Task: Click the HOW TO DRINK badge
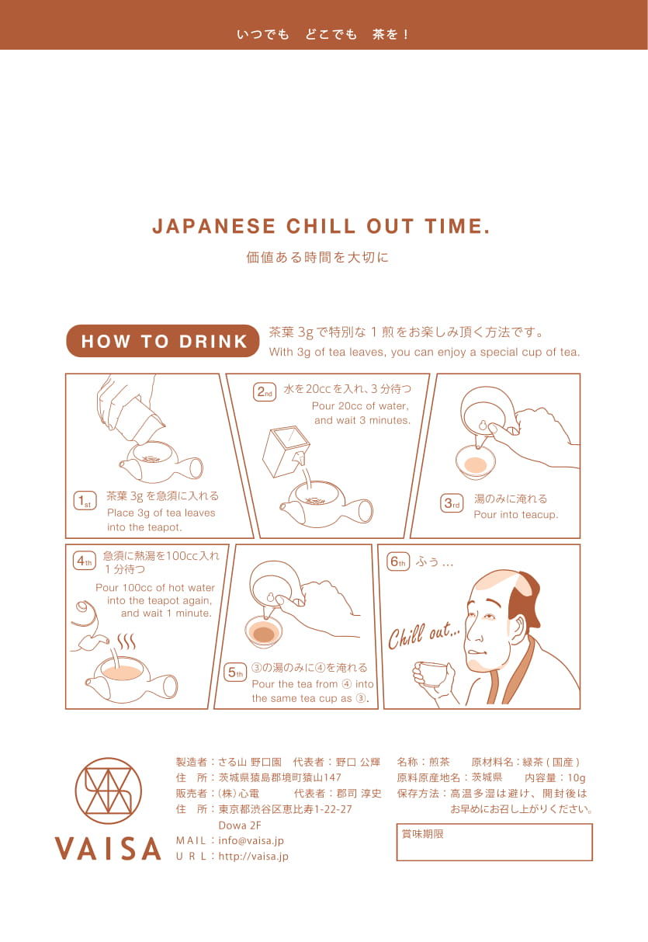[162, 341]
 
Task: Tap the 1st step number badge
[85, 501]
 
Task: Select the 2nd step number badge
[265, 392]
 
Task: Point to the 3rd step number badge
[452, 503]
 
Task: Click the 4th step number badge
[84, 561]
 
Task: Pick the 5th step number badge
[235, 673]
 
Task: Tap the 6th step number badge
[397, 561]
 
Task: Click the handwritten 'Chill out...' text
[424, 635]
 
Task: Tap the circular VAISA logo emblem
[109, 791]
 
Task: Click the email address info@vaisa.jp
[251, 840]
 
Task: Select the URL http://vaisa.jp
[254, 857]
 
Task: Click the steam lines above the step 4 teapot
[126, 642]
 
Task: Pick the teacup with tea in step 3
[476, 463]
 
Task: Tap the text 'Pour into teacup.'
[516, 515]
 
